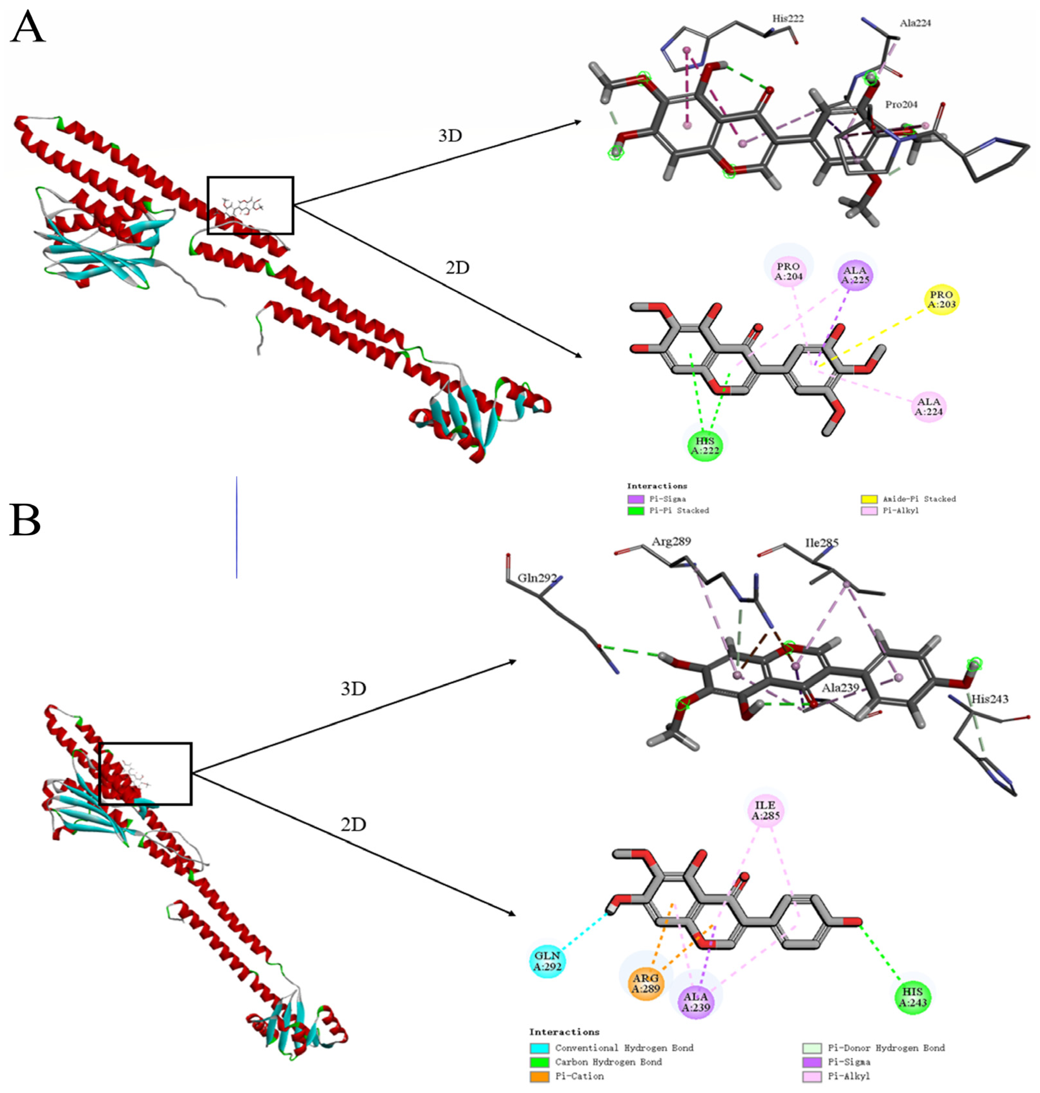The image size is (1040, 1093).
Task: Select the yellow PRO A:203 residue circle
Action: click(941, 300)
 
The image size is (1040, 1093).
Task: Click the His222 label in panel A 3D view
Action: click(788, 19)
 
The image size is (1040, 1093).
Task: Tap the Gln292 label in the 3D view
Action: click(537, 578)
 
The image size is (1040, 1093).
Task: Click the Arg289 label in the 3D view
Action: click(671, 541)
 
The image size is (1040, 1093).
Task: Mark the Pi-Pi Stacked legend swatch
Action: click(635, 511)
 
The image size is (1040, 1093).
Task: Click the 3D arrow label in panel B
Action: click(353, 689)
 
